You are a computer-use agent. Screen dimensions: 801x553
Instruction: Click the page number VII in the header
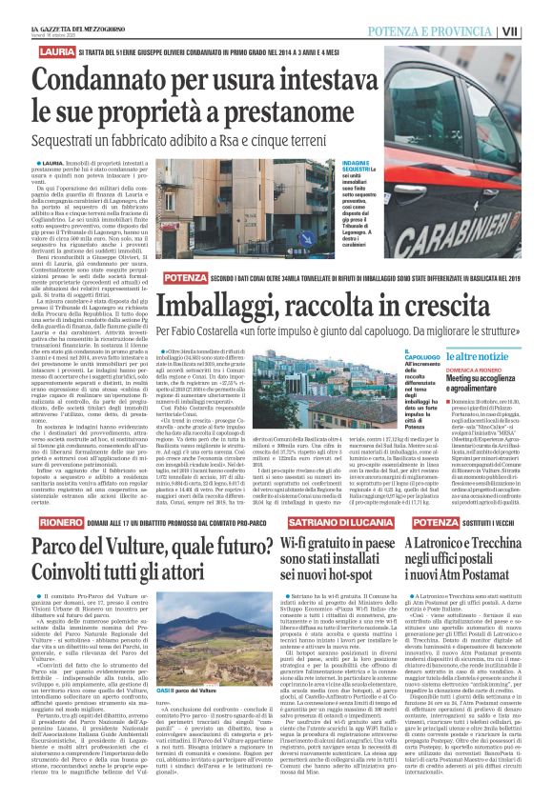[x=538, y=30]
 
